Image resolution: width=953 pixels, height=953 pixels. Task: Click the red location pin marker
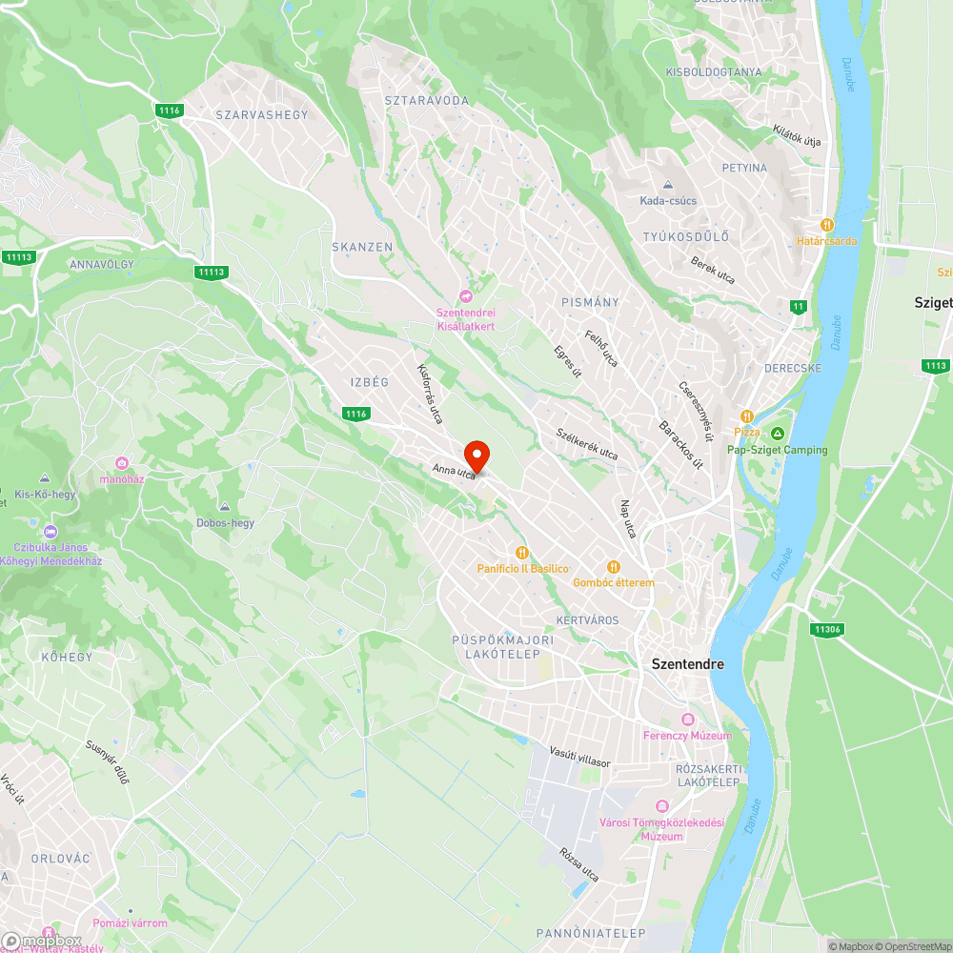(x=476, y=456)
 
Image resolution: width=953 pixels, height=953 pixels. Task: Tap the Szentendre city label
(x=687, y=664)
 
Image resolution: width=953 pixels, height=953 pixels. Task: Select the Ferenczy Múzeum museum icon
(x=687, y=719)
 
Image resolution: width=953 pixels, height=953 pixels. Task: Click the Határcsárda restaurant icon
(x=827, y=224)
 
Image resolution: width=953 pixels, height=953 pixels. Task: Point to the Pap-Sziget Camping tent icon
(x=778, y=434)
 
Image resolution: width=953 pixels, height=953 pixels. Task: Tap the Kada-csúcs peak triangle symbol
(x=668, y=184)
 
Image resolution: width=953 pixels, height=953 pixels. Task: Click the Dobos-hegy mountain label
(x=225, y=522)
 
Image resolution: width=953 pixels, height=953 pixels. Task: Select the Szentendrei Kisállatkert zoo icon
(x=465, y=294)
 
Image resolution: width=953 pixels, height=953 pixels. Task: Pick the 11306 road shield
(x=826, y=629)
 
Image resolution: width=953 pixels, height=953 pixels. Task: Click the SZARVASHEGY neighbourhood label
(x=262, y=114)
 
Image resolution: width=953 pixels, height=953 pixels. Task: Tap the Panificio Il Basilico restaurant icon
(x=522, y=552)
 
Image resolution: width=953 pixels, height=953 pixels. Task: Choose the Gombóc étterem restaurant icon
(x=614, y=566)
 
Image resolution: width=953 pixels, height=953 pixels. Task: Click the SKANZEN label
(x=362, y=247)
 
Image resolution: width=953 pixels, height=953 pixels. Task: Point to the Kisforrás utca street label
(x=430, y=393)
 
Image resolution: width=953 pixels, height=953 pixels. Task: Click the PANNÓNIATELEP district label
(x=591, y=933)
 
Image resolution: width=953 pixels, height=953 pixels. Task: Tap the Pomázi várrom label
(x=130, y=923)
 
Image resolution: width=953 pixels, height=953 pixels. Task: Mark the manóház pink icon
(x=122, y=463)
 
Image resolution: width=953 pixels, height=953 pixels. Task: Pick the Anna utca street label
(x=454, y=471)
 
